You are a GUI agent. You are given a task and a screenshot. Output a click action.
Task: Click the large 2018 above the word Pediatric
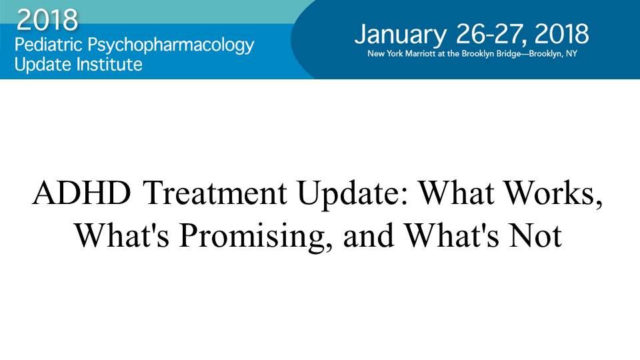point(47,19)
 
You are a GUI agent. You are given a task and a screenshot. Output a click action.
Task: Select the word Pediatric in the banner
point(49,45)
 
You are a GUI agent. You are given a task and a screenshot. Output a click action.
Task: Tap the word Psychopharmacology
point(171,46)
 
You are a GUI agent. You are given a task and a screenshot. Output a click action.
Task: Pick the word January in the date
point(401,35)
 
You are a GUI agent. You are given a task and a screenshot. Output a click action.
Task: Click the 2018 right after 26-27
point(561,33)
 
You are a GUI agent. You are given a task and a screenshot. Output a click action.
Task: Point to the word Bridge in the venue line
point(508,54)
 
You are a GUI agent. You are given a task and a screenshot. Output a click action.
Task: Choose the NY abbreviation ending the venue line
point(571,53)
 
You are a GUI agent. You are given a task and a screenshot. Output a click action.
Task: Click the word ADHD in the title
point(81,193)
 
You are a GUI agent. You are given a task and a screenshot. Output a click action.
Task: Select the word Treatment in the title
point(215,193)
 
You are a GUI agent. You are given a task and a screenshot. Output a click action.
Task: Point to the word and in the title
point(369,235)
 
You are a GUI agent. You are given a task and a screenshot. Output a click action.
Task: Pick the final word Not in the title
point(535,235)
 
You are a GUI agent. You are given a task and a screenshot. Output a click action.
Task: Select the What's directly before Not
point(451,235)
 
